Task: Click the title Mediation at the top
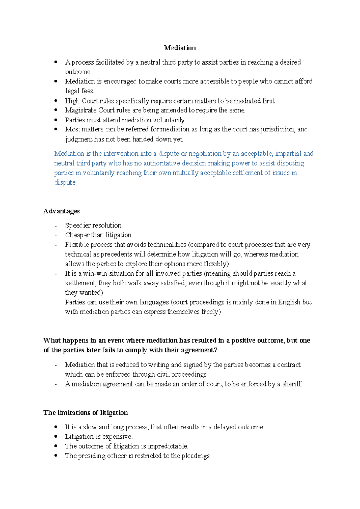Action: (180, 48)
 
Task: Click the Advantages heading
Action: (61, 211)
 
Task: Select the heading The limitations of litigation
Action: (85, 413)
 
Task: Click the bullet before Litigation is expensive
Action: (56, 436)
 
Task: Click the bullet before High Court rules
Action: (56, 101)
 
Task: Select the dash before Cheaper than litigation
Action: (56, 235)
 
